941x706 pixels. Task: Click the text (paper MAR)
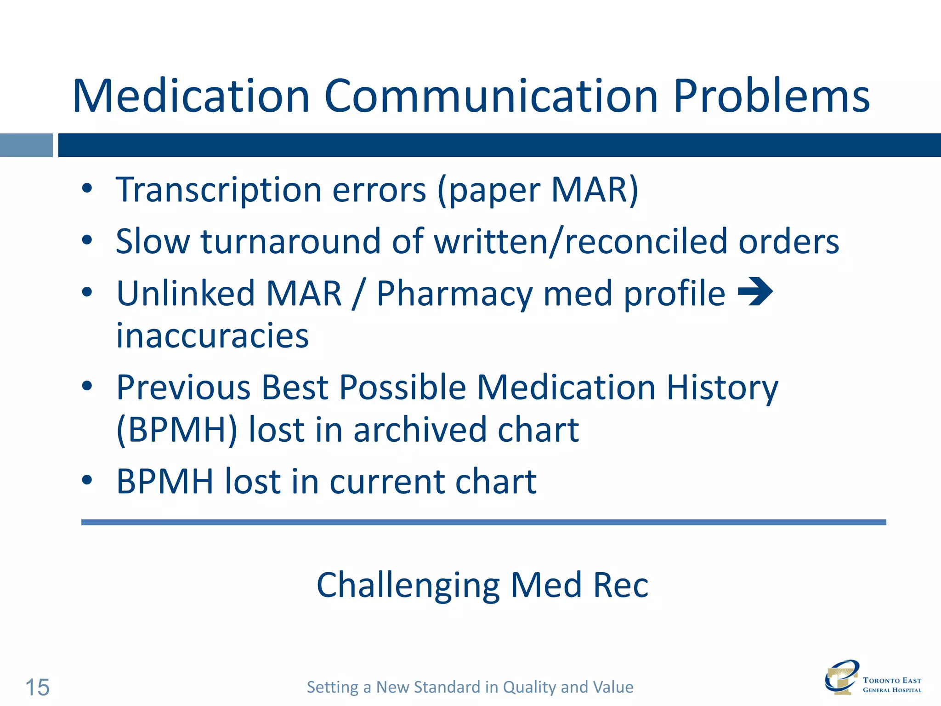(x=538, y=190)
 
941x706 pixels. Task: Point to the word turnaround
(x=290, y=242)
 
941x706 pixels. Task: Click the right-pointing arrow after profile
(x=755, y=291)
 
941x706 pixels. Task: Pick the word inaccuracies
(x=212, y=336)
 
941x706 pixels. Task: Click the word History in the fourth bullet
(x=722, y=387)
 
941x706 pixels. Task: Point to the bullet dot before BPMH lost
(x=87, y=480)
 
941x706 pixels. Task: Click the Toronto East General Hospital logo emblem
(x=840, y=677)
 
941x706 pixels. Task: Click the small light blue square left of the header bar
(x=26, y=145)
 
